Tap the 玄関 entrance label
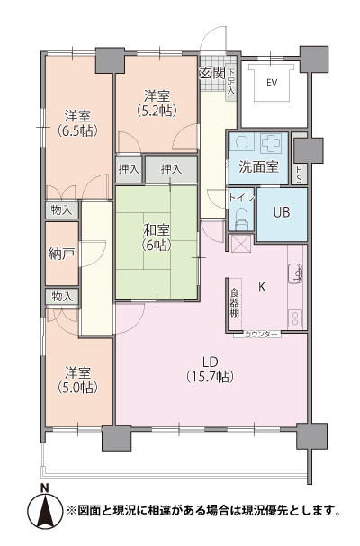[x=211, y=73]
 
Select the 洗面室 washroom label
[x=257, y=167]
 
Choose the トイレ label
[x=241, y=196]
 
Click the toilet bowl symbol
[x=240, y=217]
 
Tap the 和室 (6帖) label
[x=155, y=237]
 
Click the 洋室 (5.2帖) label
[x=157, y=103]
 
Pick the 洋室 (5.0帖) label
[x=78, y=379]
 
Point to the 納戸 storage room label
[x=62, y=254]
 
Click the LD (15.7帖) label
[x=210, y=367]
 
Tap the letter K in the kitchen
[x=263, y=288]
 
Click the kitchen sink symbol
[x=294, y=273]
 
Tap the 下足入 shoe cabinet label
[x=230, y=82]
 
